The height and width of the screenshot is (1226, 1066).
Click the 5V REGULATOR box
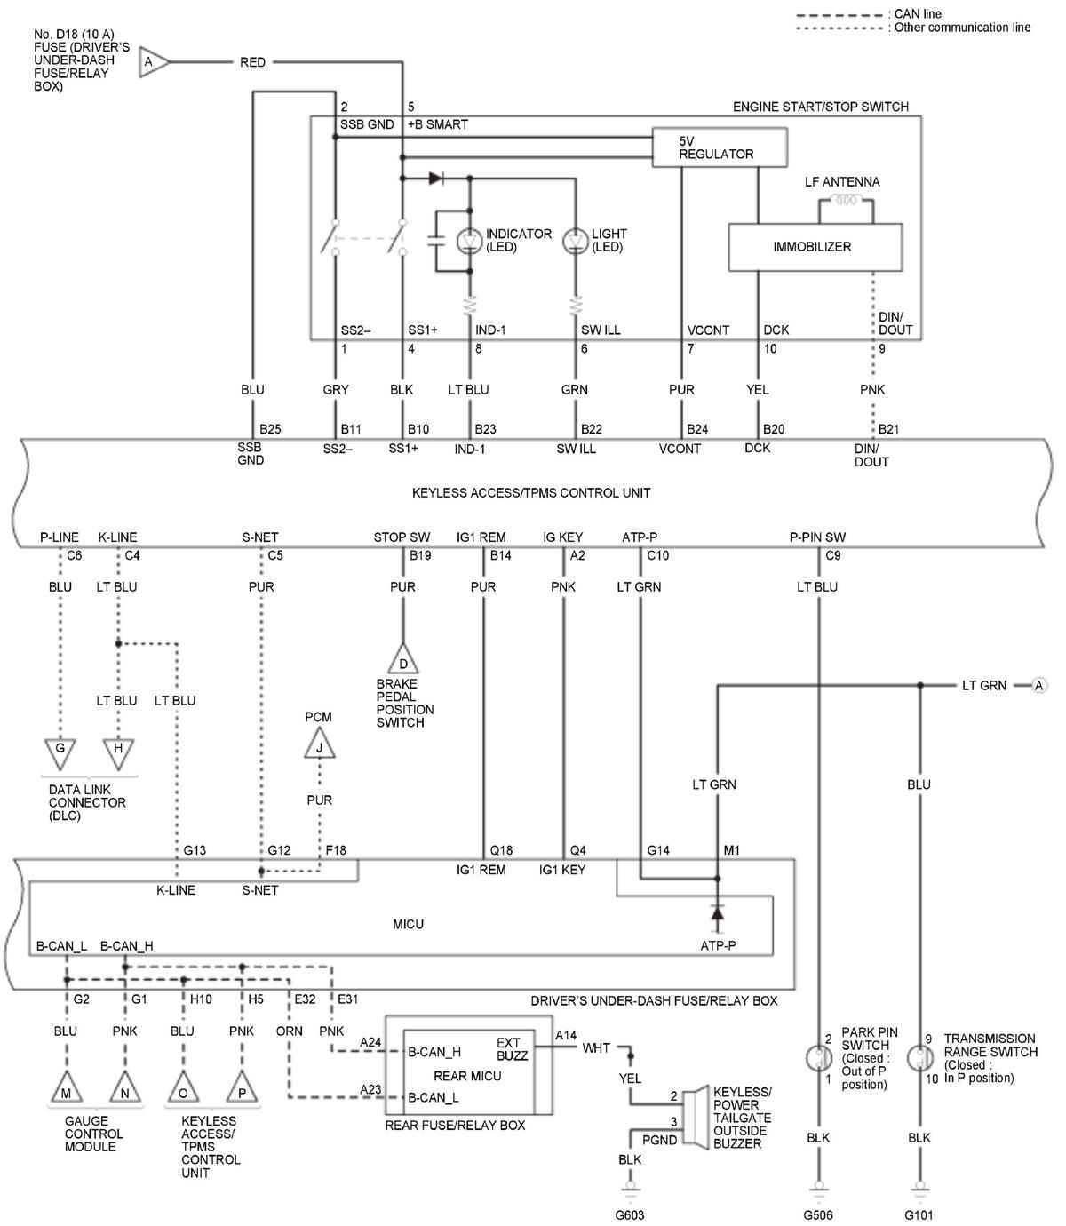click(x=719, y=147)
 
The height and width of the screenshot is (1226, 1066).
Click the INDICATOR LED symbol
click(x=468, y=241)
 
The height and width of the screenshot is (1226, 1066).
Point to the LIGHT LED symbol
click(x=577, y=241)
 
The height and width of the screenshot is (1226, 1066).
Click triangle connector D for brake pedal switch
click(x=402, y=660)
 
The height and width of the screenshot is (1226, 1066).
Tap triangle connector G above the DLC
click(x=60, y=752)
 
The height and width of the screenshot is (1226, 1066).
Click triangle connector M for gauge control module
click(x=67, y=1090)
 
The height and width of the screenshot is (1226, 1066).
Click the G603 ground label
click(x=630, y=1215)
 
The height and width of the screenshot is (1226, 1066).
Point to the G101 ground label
click(x=919, y=1215)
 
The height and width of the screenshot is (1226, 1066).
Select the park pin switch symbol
click(x=817, y=1058)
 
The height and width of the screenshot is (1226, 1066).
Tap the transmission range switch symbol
click(x=919, y=1058)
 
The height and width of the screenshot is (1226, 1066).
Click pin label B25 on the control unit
click(x=270, y=429)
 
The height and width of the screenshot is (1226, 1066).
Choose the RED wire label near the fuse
click(x=252, y=62)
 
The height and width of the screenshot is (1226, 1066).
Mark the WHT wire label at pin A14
click(x=596, y=1048)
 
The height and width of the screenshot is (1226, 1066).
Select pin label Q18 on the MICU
click(x=501, y=850)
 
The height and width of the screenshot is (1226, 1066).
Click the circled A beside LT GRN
click(x=1038, y=685)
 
